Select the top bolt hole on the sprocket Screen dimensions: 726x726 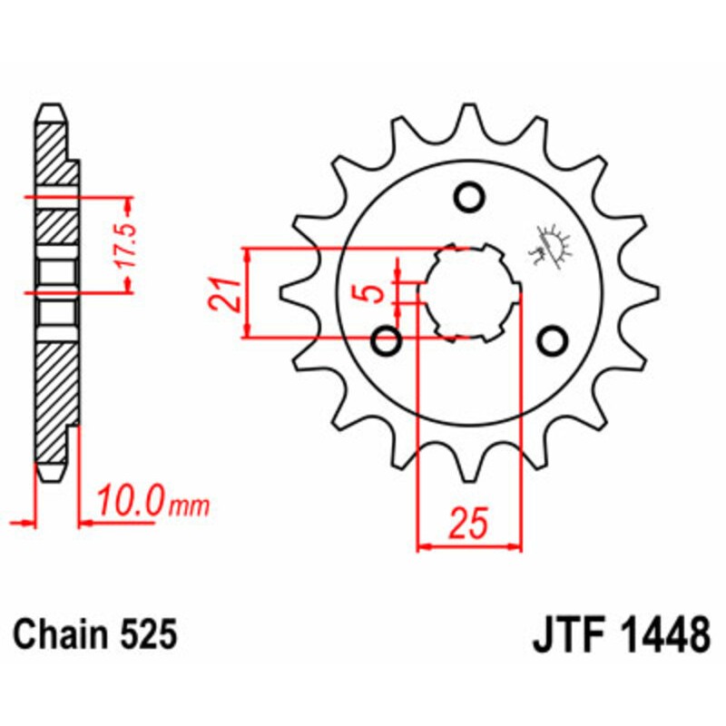coord(469,196)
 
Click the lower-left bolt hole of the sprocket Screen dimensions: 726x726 coord(388,342)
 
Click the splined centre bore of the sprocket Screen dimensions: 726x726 coord(470,292)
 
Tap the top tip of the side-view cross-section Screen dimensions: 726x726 coord(53,107)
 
